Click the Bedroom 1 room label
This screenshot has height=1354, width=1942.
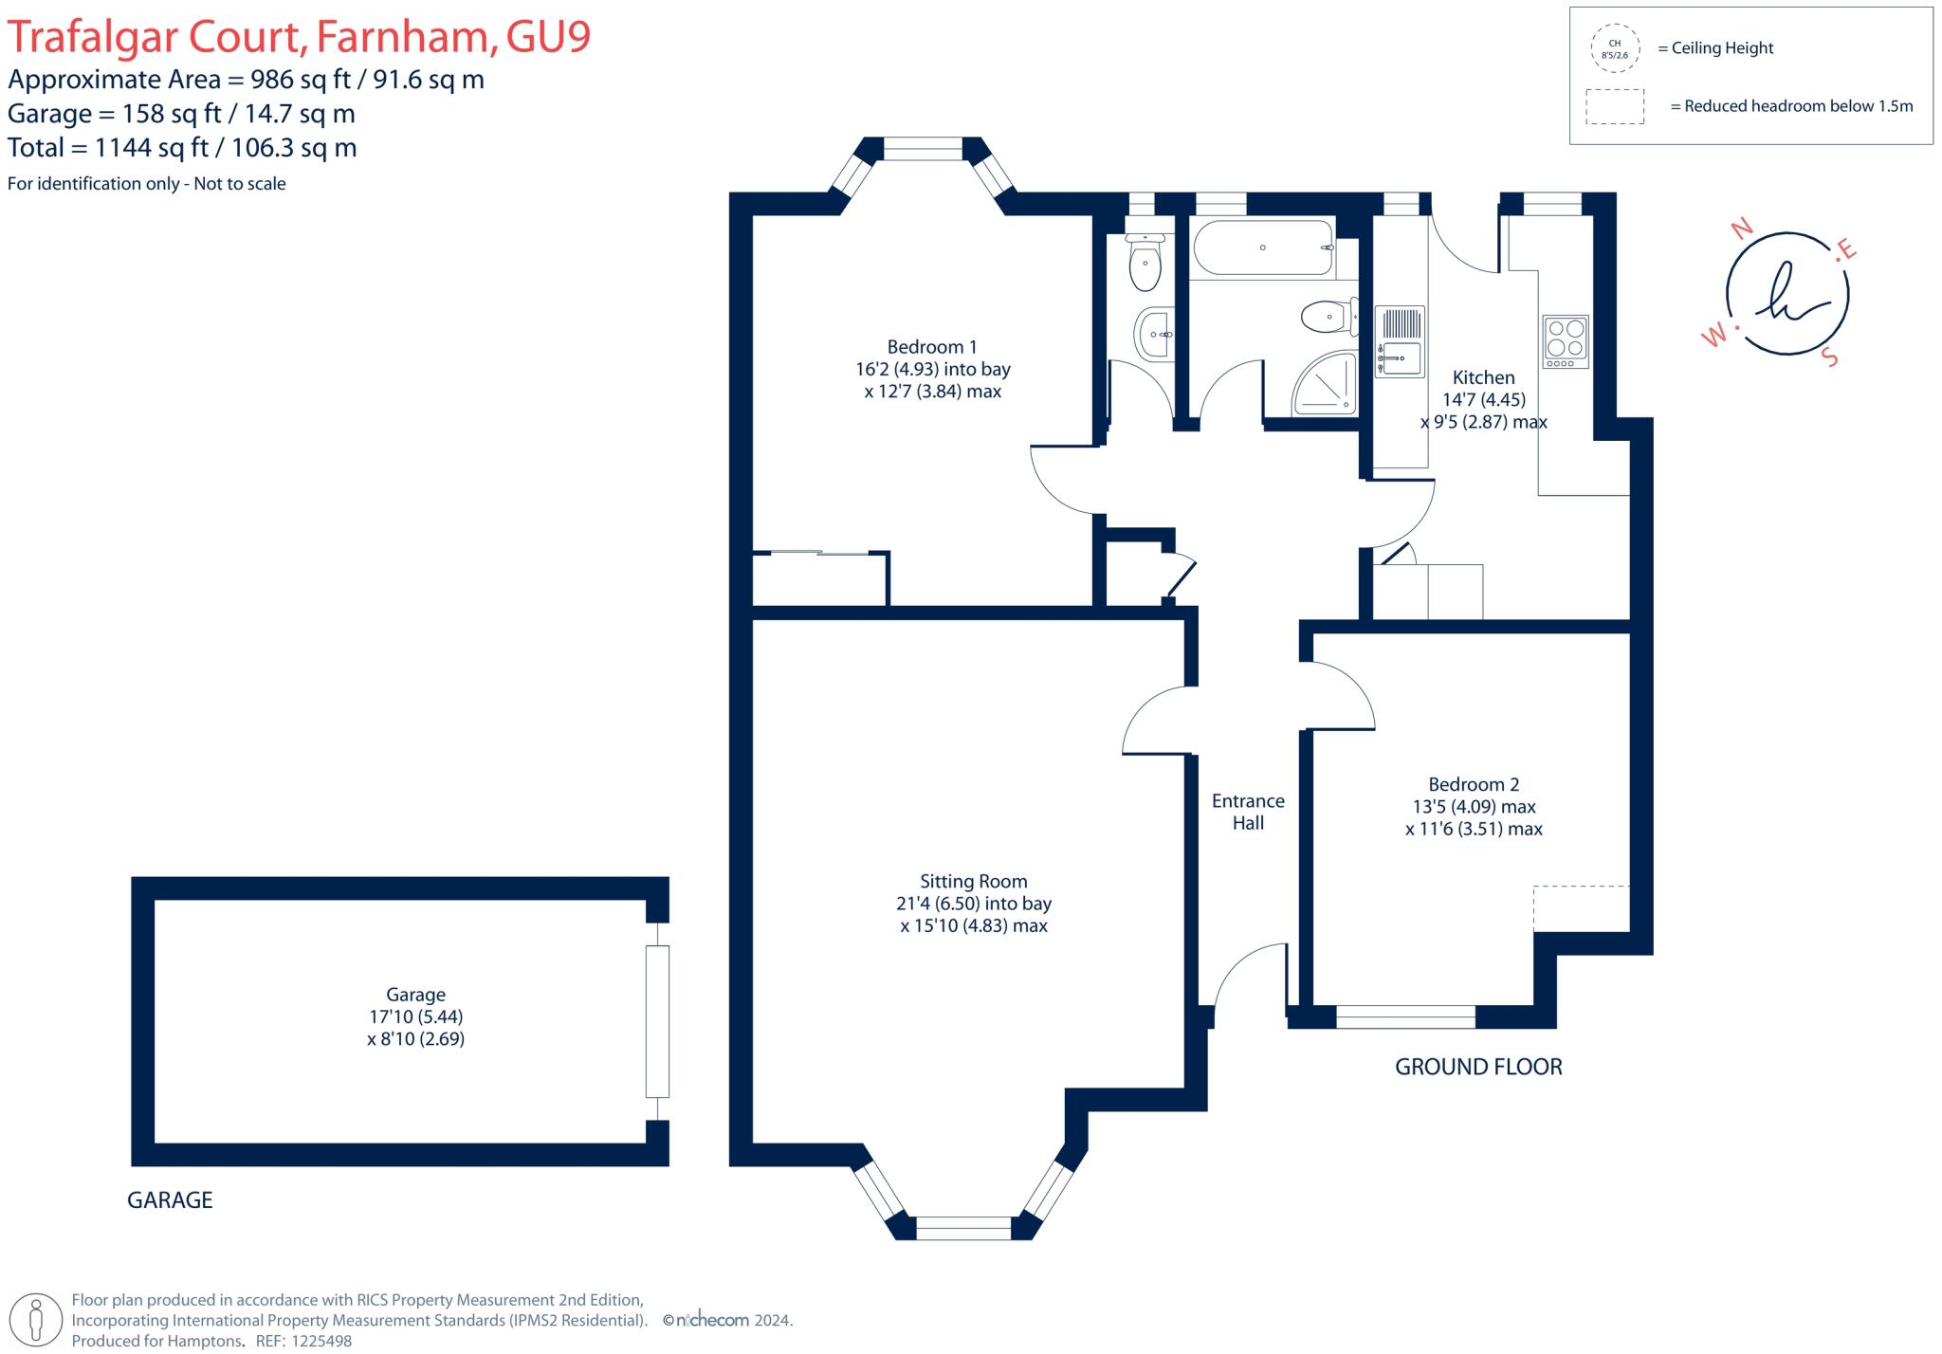932,347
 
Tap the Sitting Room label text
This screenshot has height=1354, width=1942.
973,882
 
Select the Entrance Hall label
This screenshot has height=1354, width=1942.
1248,812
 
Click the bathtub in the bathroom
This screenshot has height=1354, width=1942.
1262,247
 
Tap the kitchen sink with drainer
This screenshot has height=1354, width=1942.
1400,340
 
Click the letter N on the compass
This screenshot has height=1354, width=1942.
1741,228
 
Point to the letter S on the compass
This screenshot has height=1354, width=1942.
1830,358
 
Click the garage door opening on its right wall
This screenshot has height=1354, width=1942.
657,1021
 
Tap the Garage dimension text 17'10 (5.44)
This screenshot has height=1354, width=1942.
416,1016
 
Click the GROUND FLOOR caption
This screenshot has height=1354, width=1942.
1477,1067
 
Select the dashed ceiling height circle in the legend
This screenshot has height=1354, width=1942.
1614,48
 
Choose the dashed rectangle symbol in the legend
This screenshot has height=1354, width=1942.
1615,106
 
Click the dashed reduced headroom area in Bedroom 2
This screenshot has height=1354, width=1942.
1581,908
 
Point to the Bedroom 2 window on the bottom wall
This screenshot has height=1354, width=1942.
1405,1017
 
